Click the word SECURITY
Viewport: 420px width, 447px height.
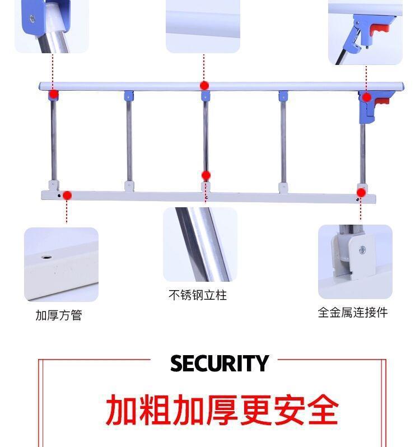220,364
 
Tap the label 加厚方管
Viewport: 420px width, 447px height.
59,315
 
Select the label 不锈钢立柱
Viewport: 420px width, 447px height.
198,295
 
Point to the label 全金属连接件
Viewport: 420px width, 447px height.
353,313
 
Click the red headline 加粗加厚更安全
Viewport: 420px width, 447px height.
222,411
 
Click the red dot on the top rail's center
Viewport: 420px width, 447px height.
204,86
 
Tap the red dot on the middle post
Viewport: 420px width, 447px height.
206,175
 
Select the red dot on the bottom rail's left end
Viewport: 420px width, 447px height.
67,195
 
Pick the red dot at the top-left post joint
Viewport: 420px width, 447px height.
53,94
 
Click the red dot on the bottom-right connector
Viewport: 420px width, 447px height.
361,193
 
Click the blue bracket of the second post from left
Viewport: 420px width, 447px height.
129,96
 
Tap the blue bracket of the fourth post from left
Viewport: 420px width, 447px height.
283,96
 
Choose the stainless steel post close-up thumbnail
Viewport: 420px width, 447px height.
200,244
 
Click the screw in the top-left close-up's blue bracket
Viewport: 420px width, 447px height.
32,18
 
